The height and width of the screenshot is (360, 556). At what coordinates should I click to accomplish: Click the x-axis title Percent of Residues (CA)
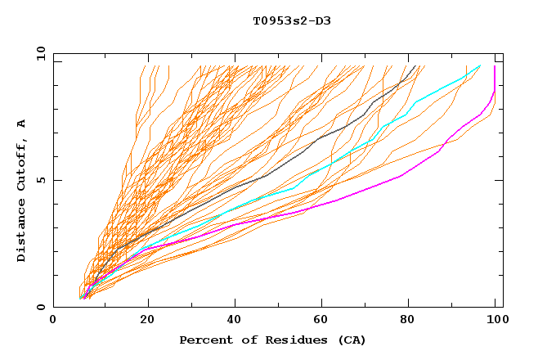[x=272, y=340]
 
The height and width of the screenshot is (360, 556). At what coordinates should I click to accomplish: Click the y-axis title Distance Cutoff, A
[x=21, y=191]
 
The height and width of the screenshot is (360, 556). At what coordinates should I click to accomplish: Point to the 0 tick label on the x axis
[x=54, y=321]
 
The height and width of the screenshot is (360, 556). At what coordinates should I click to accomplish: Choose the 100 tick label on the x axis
[x=495, y=321]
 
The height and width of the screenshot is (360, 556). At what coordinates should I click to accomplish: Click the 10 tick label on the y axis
[x=39, y=54]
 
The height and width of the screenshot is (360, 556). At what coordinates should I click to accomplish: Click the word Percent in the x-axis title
[x=204, y=340]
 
